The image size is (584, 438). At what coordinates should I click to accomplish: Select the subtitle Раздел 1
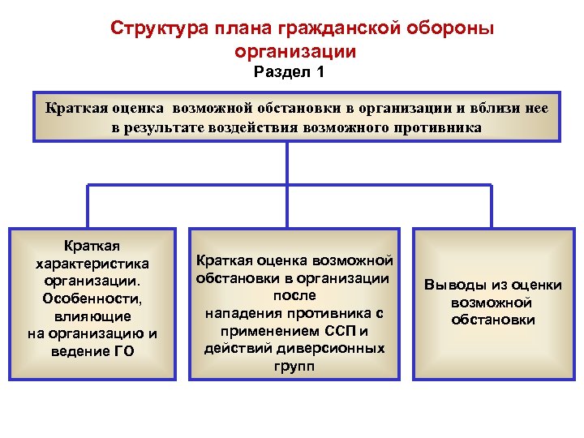click(290, 73)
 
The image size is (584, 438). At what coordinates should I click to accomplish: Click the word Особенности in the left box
click(97, 298)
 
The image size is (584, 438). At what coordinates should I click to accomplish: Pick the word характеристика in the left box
click(97, 264)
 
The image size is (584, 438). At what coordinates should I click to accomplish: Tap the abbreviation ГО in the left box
click(124, 351)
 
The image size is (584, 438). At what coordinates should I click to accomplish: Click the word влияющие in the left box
click(97, 316)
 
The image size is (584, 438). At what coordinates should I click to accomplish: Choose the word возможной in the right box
click(492, 302)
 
